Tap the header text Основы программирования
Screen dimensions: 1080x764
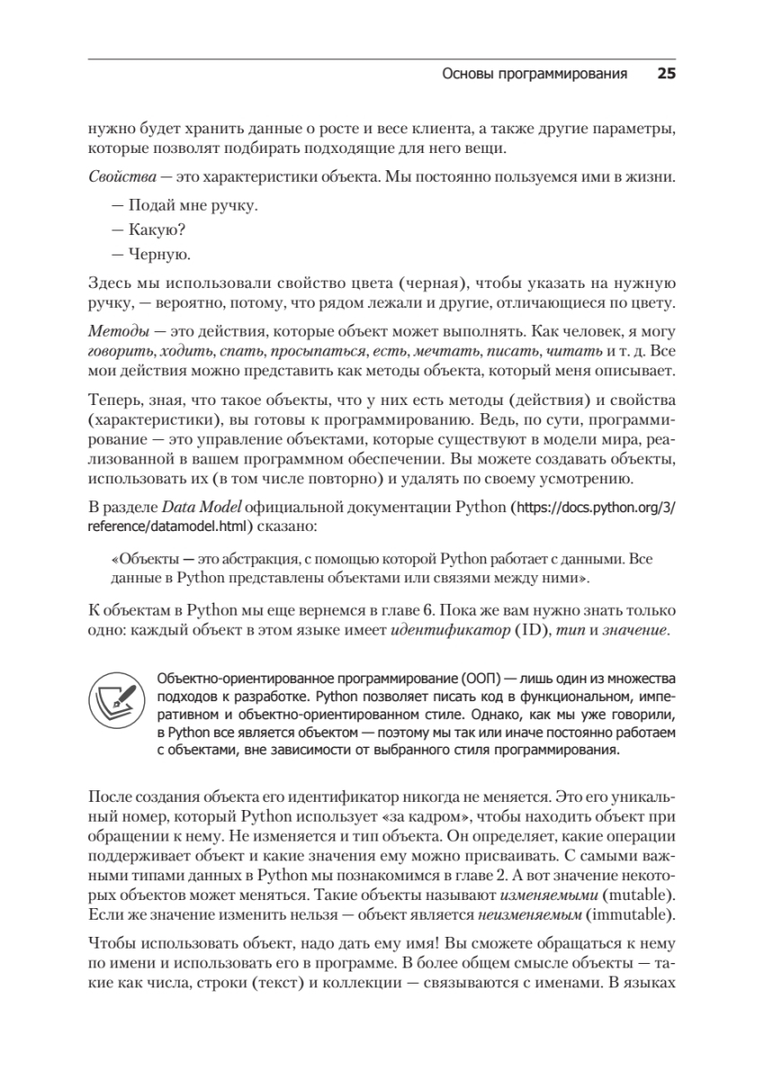pos(535,75)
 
